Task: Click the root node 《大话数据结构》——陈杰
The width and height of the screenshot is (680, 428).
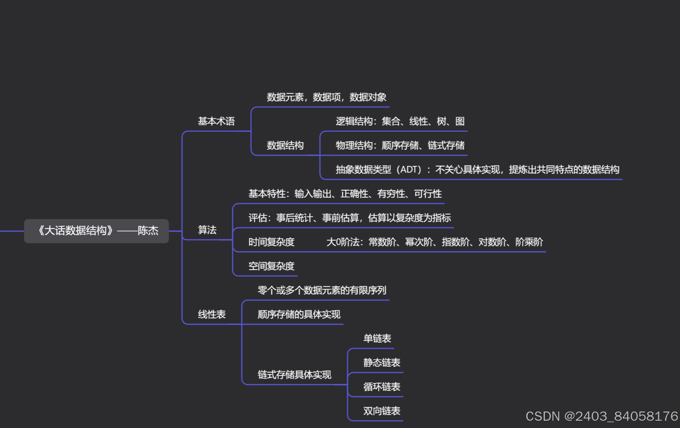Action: (96, 231)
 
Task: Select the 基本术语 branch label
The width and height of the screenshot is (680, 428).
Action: (216, 121)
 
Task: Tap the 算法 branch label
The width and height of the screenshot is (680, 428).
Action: (207, 230)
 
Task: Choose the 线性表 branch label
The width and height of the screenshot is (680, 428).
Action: (212, 315)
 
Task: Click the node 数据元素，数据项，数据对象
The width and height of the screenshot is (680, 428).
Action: (326, 97)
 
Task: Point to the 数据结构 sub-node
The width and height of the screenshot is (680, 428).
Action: (285, 146)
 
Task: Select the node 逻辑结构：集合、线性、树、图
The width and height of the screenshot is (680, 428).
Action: (400, 121)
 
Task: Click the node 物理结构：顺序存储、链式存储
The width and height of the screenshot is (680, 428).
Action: (400, 146)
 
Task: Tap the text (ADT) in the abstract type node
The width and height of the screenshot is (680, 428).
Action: (409, 170)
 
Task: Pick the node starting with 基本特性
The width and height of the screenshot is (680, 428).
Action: (345, 194)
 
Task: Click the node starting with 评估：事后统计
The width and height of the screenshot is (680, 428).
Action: (349, 218)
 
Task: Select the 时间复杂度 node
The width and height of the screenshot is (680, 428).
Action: (271, 242)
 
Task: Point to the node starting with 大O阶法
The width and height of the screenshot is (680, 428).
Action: (435, 242)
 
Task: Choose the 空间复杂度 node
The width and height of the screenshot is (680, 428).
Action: (271, 266)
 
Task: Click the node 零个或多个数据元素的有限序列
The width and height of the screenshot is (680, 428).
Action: (322, 290)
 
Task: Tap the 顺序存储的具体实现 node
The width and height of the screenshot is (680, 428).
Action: (299, 315)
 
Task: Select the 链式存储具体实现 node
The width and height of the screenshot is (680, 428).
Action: (294, 375)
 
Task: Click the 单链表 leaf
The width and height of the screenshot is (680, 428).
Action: (377, 339)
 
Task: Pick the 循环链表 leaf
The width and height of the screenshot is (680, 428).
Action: (382, 387)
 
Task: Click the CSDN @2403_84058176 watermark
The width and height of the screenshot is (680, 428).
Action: (602, 416)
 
